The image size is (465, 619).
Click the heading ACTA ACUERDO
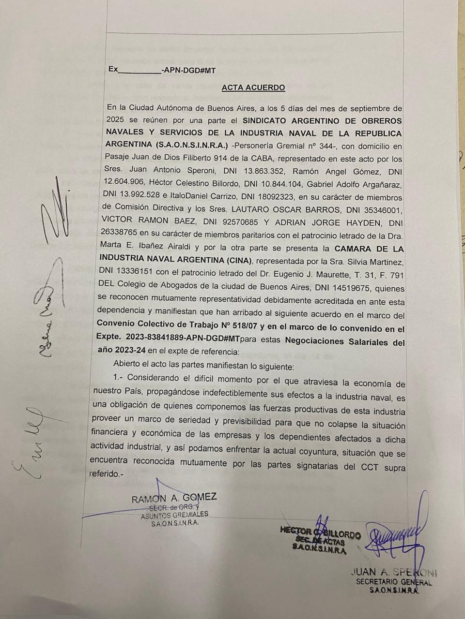pyautogui.click(x=253, y=88)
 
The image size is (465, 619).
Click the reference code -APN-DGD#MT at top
pyautogui.click(x=188, y=71)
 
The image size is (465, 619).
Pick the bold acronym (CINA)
pyautogui.click(x=234, y=261)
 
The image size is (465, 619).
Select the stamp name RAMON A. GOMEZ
pyautogui.click(x=174, y=498)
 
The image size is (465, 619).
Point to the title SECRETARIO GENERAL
pyautogui.click(x=394, y=582)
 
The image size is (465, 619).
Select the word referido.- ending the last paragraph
pyautogui.click(x=107, y=474)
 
